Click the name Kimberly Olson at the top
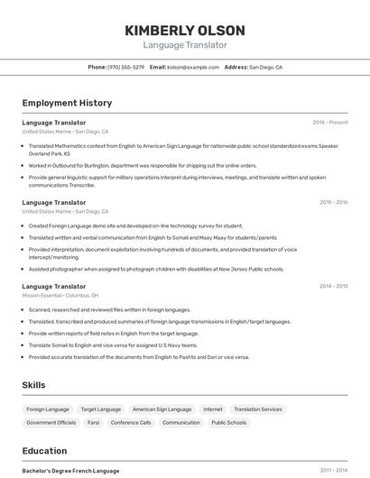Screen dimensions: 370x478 click(185, 31)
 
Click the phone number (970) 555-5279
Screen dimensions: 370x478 click(125, 67)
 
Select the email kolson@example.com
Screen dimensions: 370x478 click(193, 67)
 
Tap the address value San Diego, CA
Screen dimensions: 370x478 click(265, 67)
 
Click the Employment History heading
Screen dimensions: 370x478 click(67, 103)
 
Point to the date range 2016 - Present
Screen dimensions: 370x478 click(330, 122)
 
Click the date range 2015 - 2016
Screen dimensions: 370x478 click(333, 202)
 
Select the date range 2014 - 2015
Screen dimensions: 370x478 click(333, 286)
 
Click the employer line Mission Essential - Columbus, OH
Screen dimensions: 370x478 click(60, 295)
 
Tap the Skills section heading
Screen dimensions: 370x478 click(34, 385)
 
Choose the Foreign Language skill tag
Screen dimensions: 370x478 click(48, 409)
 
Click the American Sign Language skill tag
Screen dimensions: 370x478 click(162, 409)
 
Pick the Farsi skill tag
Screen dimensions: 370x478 click(94, 422)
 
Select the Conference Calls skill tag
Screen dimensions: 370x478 click(131, 422)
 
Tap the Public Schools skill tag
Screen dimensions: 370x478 click(229, 422)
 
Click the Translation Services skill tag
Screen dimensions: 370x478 click(258, 409)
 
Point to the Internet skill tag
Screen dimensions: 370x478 click(212, 409)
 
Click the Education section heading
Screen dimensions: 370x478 click(45, 450)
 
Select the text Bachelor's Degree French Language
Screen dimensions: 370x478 click(70, 470)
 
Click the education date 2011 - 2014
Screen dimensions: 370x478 click(334, 470)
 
